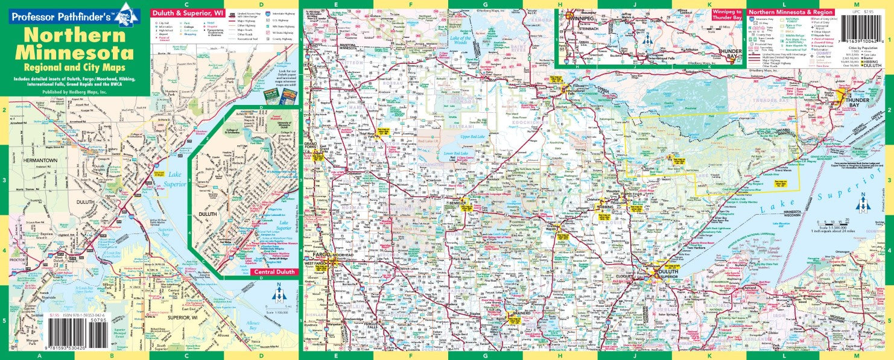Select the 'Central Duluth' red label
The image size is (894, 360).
tap(274, 273)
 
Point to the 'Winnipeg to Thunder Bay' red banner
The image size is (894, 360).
tap(727, 13)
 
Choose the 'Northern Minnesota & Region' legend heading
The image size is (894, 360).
tap(791, 12)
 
